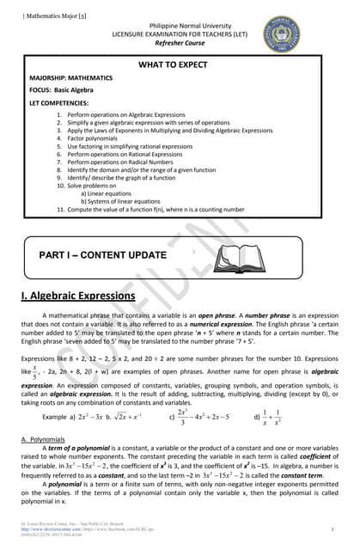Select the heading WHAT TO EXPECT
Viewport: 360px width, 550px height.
(180, 64)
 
